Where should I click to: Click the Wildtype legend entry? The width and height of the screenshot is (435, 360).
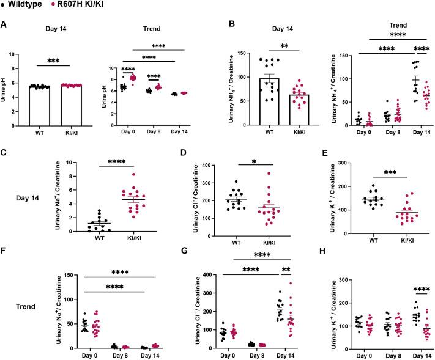point(24,5)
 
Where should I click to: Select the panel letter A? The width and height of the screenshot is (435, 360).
point(4,25)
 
